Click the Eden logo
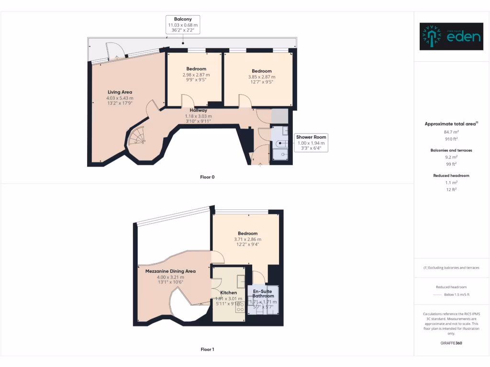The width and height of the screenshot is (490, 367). point(451,36)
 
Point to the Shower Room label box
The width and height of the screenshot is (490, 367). point(311,142)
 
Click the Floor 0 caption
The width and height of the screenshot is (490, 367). point(207,177)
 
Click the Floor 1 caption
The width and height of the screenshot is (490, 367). point(207,349)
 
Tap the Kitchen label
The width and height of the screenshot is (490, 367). point(228,292)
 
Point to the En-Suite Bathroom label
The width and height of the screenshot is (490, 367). point(263,293)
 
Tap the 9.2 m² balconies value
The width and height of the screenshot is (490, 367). point(451,156)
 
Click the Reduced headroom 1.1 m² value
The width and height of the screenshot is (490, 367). point(451,182)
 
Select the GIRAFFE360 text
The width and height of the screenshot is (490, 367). point(451,343)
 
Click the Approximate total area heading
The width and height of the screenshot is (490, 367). point(451,124)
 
